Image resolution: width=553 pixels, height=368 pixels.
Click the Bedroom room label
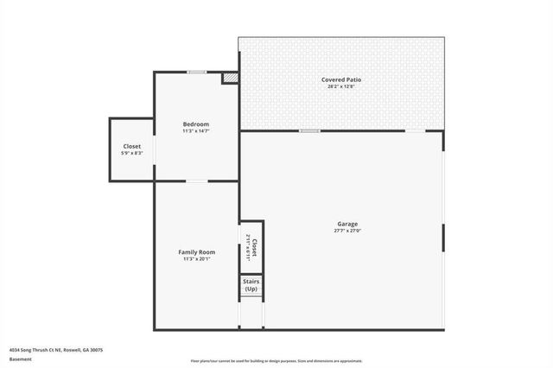coord(195,124)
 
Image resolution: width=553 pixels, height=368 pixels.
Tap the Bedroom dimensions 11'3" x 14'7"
coord(195,131)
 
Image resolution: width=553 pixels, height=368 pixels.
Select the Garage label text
coord(347,224)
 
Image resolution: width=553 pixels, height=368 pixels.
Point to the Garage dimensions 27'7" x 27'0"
coord(347,231)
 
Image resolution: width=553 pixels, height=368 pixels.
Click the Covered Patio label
coord(341,79)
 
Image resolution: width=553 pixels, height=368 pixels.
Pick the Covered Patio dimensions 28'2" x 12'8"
coord(341,86)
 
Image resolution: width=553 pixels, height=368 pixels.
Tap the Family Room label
coord(196,251)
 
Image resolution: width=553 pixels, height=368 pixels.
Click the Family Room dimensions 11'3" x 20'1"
coord(196,258)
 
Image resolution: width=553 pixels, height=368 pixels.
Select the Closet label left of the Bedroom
coord(132,146)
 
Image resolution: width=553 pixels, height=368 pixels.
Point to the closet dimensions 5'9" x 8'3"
coord(132,153)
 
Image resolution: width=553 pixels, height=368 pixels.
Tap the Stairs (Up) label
coord(251,285)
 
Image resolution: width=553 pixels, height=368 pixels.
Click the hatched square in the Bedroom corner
coord(230,78)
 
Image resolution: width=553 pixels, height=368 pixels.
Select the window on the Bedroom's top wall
coord(198,72)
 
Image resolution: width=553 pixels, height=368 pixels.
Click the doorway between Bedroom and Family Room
coord(197,181)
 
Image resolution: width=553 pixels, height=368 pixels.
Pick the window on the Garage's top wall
coord(309,130)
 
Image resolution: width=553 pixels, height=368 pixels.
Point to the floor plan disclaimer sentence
coord(276,360)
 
